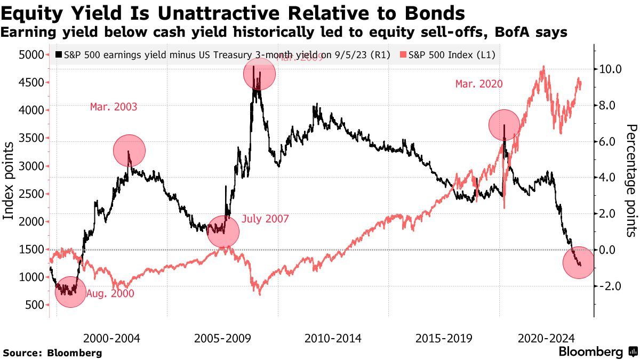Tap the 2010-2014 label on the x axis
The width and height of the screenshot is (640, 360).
click(x=333, y=338)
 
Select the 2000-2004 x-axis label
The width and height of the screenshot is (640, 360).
click(x=111, y=338)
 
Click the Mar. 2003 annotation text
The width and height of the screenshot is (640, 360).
click(x=114, y=107)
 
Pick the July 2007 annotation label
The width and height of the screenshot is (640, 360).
click(x=265, y=219)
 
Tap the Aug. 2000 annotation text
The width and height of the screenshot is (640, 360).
click(x=110, y=293)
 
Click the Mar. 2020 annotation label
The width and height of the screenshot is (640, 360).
click(x=478, y=84)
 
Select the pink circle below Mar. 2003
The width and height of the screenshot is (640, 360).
click(x=129, y=151)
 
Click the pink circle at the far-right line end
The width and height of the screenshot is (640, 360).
click(x=579, y=262)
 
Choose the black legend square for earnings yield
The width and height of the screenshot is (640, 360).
click(x=59, y=54)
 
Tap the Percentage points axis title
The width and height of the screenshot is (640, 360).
click(x=631, y=180)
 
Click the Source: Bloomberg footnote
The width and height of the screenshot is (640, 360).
click(x=52, y=353)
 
